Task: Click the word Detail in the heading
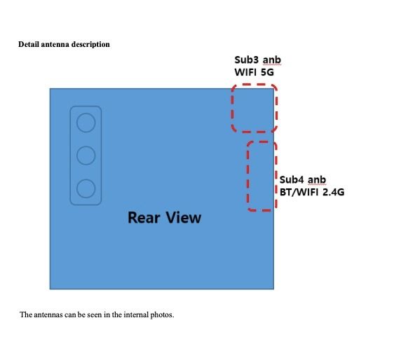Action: (29, 44)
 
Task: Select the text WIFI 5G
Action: (254, 72)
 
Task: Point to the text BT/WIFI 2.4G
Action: (312, 192)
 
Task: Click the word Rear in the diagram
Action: (144, 217)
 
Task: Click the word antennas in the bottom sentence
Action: (48, 314)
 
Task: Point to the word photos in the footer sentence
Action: (162, 315)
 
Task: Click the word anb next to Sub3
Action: (272, 60)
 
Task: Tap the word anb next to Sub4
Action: (317, 180)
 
